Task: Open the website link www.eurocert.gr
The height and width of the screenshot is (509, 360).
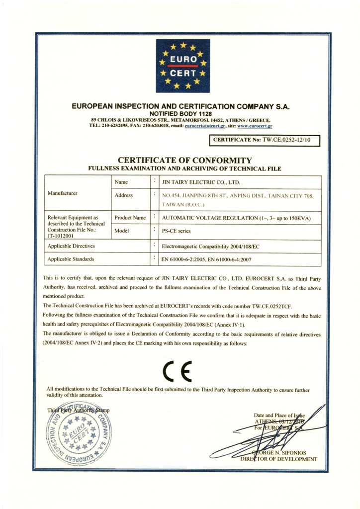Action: coord(255,126)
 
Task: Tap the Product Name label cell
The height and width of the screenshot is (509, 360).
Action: coord(130,218)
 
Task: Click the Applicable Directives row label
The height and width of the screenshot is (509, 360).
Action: coord(74,246)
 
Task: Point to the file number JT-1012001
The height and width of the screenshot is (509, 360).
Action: coord(60,237)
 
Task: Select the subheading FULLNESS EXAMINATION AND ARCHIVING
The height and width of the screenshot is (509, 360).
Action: coord(184,169)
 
